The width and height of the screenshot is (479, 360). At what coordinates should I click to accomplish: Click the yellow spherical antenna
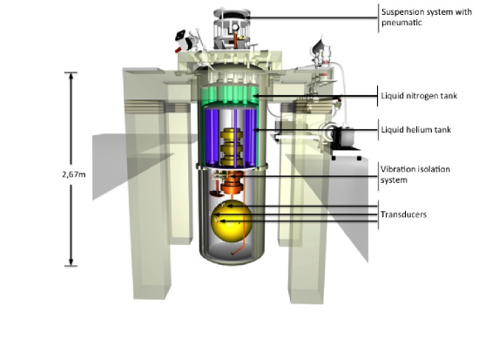pos(232,222)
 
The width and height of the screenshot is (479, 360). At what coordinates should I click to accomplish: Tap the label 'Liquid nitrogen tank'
pos(419,96)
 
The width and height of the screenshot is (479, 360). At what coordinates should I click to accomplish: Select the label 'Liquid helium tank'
pos(415,130)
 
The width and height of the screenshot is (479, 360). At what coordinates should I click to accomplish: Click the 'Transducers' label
pos(403,214)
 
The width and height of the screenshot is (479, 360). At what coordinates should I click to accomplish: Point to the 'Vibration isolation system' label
pos(415,174)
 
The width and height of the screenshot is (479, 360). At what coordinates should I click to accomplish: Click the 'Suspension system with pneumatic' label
pos(427,17)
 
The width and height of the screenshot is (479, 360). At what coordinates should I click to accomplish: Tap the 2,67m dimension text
pos(74,174)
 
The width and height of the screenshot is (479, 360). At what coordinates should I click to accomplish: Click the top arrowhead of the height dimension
pos(71,76)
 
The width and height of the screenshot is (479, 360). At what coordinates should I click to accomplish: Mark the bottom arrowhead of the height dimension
pos(71,262)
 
